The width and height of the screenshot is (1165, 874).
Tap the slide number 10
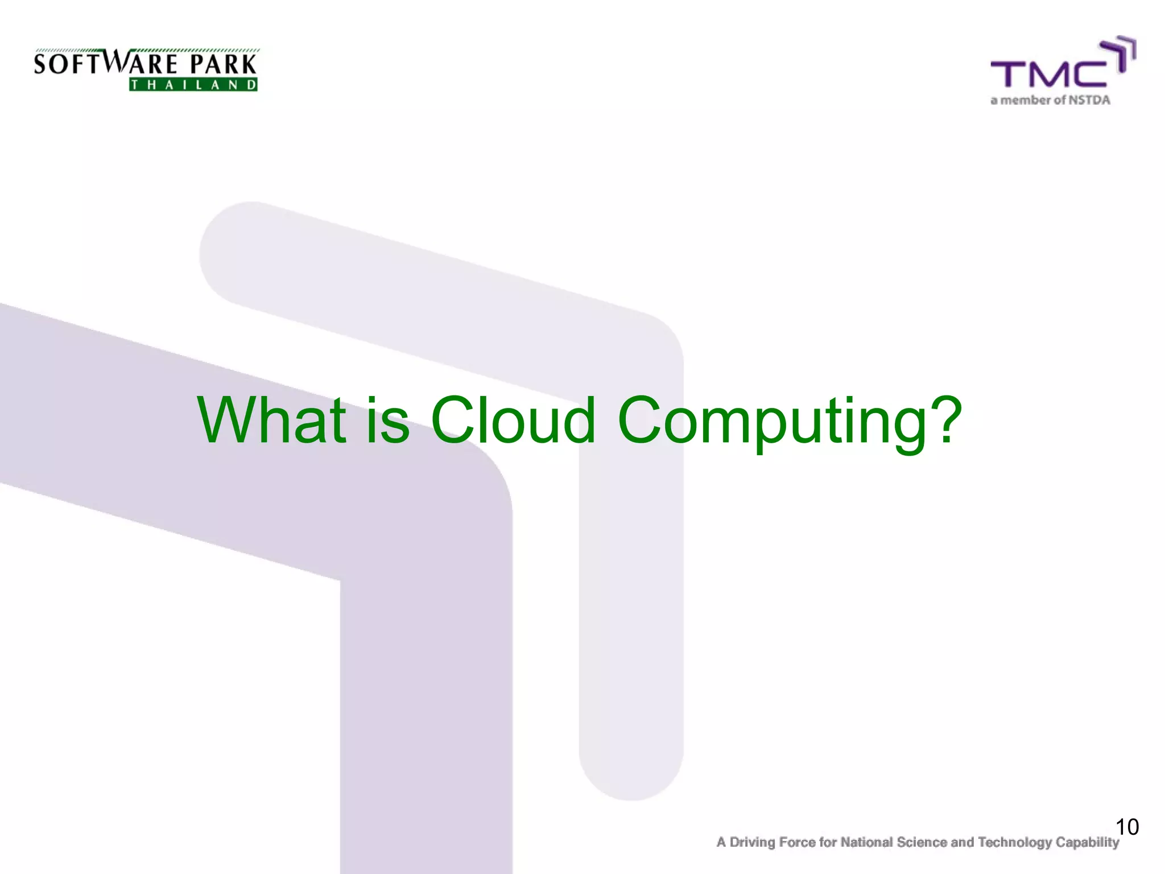pyautogui.click(x=1127, y=827)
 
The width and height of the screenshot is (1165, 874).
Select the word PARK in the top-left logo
pyautogui.click(x=223, y=64)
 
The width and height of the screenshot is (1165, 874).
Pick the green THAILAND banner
pyautogui.click(x=193, y=85)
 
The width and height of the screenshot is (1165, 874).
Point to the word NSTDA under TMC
pyautogui.click(x=1089, y=100)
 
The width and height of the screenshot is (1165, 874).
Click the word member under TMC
pyautogui.click(x=1025, y=100)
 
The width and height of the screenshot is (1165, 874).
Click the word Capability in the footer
pyautogui.click(x=1088, y=843)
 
